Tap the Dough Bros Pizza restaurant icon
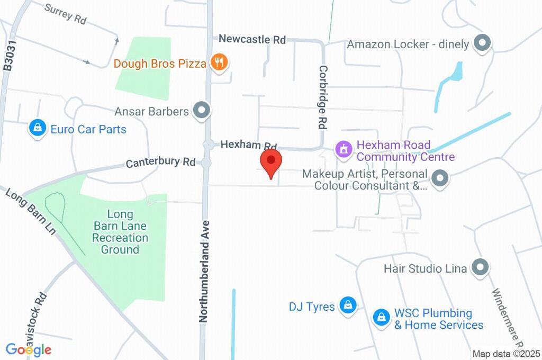click(218, 63)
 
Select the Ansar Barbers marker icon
click(201, 111)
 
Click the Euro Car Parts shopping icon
click(38, 128)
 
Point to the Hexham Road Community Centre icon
click(344, 149)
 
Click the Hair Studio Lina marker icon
click(480, 268)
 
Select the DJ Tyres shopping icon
click(347, 305)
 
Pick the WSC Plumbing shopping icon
click(381, 318)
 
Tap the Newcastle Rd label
click(252, 39)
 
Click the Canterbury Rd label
click(160, 161)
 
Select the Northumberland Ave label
click(204, 272)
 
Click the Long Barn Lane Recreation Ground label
click(120, 232)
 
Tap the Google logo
click(29, 349)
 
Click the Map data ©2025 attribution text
click(505, 354)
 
